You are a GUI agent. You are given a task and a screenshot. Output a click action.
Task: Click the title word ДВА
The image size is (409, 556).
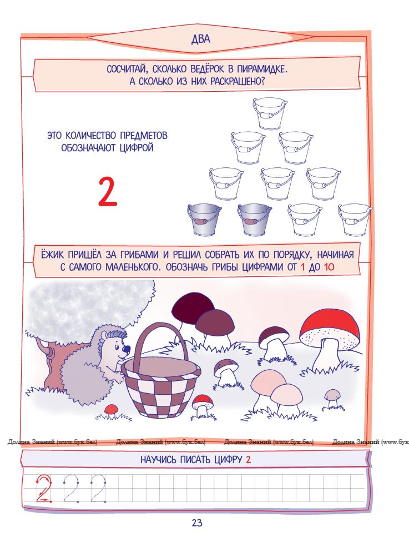[200, 39]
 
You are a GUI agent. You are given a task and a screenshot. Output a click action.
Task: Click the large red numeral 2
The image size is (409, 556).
[107, 192]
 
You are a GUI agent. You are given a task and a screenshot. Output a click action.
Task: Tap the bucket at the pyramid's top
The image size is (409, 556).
[269, 113]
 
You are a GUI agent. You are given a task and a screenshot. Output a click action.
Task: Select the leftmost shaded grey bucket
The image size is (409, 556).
[204, 220]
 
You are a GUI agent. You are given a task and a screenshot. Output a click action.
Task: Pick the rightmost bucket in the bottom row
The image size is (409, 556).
[355, 220]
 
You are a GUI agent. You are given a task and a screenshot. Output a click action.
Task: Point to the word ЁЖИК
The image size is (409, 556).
[52, 255]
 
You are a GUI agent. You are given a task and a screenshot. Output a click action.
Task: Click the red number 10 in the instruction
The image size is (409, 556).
[329, 267]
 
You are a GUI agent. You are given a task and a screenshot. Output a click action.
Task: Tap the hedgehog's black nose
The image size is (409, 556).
[127, 348]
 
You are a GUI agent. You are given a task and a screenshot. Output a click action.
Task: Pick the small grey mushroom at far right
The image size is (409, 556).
[332, 398]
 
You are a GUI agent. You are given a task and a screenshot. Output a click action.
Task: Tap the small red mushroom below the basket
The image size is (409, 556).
[203, 406]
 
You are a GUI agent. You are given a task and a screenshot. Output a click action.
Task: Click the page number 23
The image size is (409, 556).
[197, 522]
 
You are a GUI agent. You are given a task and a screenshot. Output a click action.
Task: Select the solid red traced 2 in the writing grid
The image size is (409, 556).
[44, 488]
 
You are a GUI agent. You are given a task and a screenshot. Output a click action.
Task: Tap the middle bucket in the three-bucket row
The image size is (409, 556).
[277, 183]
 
